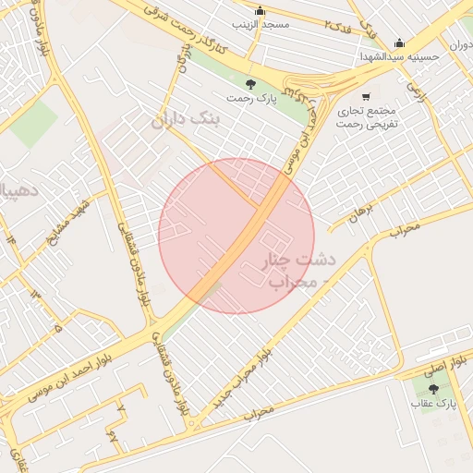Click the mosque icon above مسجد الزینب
pyautogui.click(x=260, y=11)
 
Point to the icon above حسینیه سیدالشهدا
pyautogui.click(x=399, y=42)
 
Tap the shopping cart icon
pyautogui.click(x=367, y=96)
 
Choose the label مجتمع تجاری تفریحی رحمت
pyautogui.click(x=367, y=115)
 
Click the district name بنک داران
pyautogui.click(x=188, y=118)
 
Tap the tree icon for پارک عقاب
pyautogui.click(x=433, y=389)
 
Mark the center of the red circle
pyautogui.click(x=236, y=236)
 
